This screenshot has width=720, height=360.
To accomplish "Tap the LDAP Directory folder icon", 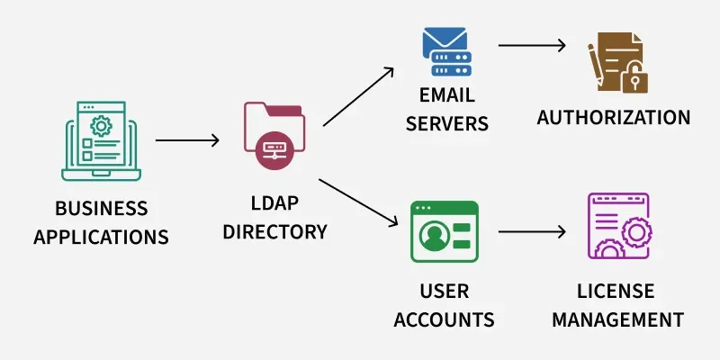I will coord(274,135).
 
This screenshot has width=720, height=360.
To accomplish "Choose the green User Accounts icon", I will coord(444,231).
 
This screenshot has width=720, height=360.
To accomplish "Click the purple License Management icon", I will coord(617,226).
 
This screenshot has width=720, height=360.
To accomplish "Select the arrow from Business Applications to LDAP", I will coord(187,140).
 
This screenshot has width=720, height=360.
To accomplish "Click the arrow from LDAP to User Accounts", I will coord(358,202).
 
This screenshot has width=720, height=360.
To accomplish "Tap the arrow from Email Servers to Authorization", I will coord(532,44).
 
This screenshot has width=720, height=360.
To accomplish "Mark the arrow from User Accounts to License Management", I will coord(532,231).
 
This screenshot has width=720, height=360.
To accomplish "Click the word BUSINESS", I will coord(102,209).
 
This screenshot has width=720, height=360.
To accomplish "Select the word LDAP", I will coord(274,204).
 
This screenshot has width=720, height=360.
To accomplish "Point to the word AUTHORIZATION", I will coord(614,117).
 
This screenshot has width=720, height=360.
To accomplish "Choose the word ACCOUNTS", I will coord(444,319).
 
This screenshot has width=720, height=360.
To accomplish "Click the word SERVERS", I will coord(446,123).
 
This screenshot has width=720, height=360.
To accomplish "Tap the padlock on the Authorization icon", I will coord(635,78).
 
